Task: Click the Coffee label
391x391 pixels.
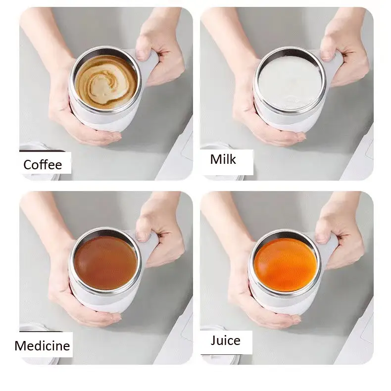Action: [x=43, y=164]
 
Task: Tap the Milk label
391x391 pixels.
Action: [x=223, y=159]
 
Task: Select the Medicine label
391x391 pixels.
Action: [x=42, y=345]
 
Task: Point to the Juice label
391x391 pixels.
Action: [x=225, y=340]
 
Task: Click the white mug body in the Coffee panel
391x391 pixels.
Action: [x=99, y=119]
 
